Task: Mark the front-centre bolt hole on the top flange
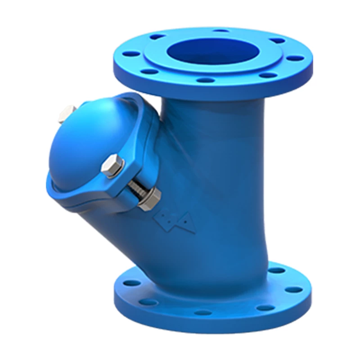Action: click(x=206, y=80)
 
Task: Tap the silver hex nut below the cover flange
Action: click(x=150, y=198)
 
